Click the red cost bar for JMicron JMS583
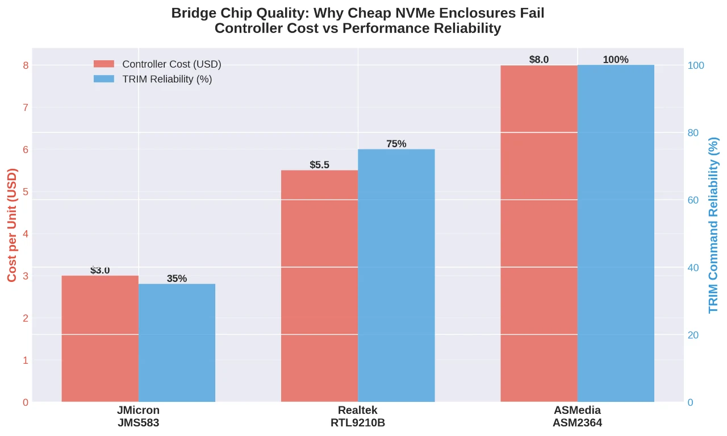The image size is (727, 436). [100, 339]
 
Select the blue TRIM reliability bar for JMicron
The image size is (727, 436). [177, 343]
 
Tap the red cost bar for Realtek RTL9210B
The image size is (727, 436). [319, 286]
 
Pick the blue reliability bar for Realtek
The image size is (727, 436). [396, 276]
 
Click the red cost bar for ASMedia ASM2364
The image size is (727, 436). [538, 234]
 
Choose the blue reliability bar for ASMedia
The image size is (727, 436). [616, 234]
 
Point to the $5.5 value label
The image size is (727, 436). [319, 165]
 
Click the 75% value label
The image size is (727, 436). [396, 144]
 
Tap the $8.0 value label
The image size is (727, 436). [538, 60]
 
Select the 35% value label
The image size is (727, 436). [177, 279]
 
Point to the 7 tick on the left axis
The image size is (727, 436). [25, 107]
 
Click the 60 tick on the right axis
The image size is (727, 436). [693, 200]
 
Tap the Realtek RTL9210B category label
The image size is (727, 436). [358, 417]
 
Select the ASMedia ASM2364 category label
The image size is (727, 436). [577, 417]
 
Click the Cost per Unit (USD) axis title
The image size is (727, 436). [12, 225]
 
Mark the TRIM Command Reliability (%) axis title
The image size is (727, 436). [714, 225]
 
